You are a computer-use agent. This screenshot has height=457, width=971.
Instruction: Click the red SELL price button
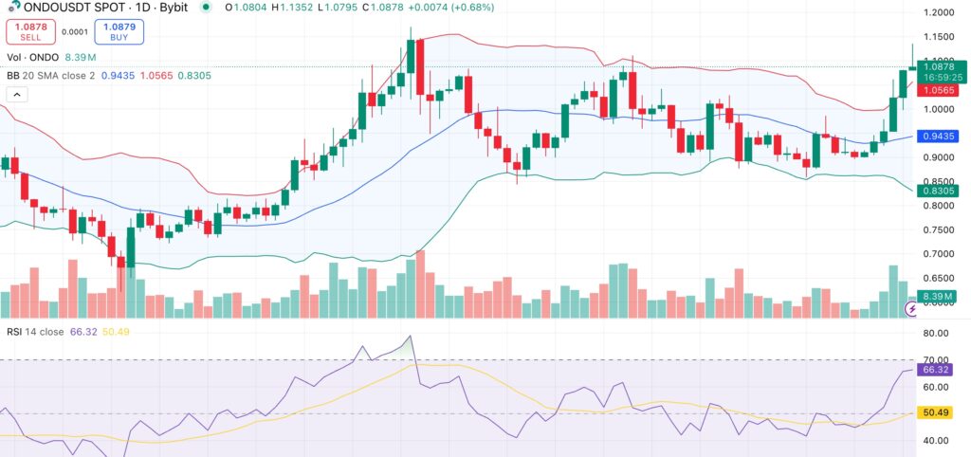pos(30,30)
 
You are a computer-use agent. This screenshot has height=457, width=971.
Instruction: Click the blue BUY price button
pos(98,30)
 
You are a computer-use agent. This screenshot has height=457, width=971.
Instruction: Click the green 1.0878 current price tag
pos(941,65)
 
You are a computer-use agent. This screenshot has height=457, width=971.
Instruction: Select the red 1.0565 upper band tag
pos(941,90)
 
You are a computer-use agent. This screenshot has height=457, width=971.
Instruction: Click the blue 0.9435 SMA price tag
pos(941,136)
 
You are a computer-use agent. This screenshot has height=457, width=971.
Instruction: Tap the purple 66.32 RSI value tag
pos(939,370)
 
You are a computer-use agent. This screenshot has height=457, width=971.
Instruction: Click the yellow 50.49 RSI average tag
pos(939,412)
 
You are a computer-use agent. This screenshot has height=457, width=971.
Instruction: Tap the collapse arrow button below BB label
pos(17,95)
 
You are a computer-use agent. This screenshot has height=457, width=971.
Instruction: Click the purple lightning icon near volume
pos(911,308)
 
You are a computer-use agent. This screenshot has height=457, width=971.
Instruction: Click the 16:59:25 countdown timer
pos(941,78)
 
